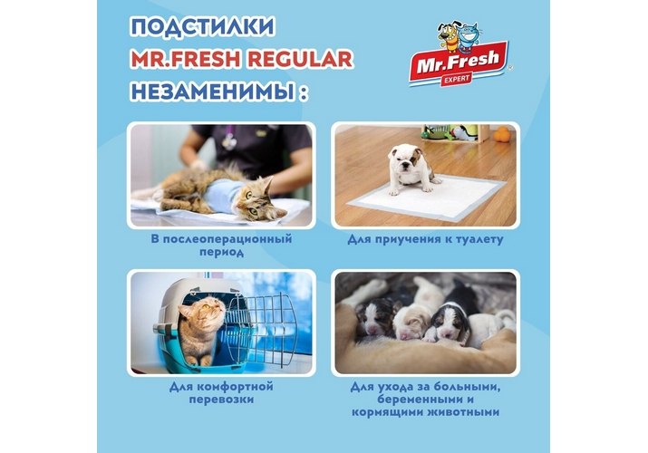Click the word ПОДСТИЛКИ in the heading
[202, 27]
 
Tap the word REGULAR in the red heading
[300, 59]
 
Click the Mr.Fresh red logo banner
[459, 64]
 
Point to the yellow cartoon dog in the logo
[448, 38]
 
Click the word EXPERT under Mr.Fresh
[456, 79]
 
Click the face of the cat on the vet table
[259, 201]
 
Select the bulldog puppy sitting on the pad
[410, 169]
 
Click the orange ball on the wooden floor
[502, 135]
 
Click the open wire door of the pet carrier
[265, 326]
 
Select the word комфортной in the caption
[235, 387]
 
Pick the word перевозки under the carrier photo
[221, 400]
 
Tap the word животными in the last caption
[465, 412]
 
